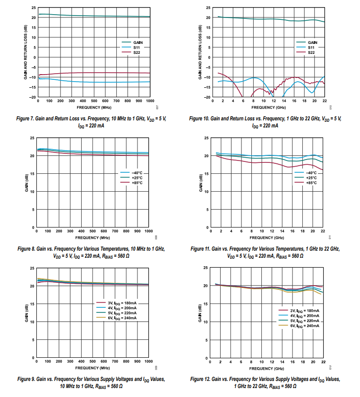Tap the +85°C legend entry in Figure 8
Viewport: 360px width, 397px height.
(137, 183)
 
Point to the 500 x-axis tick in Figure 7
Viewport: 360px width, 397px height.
(94, 101)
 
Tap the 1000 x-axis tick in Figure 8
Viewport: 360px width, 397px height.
(148, 231)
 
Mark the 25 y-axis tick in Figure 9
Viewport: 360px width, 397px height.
(32, 268)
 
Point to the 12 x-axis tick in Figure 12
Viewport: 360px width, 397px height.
(272, 362)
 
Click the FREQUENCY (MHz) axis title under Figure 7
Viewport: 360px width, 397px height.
(94, 107)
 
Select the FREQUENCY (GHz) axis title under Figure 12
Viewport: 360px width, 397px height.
(267, 368)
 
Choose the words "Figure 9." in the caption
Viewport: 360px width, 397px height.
(27, 379)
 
